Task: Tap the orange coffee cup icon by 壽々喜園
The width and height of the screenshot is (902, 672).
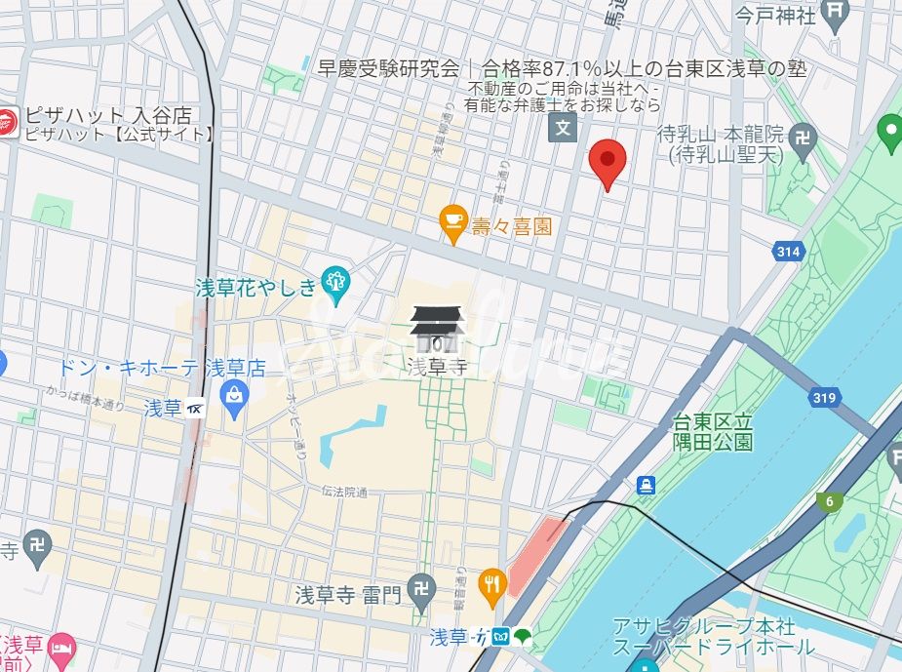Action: point(453,223)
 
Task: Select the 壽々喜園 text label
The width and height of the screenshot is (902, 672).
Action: point(512,227)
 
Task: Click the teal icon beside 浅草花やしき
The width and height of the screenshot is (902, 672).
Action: point(334,282)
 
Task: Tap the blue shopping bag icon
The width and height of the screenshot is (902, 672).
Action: point(234,394)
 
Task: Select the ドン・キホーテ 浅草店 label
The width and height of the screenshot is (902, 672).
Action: point(162,369)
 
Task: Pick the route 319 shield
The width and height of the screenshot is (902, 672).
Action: point(824,398)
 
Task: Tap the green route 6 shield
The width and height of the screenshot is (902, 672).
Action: point(830,501)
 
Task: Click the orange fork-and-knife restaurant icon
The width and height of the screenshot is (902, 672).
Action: point(493,582)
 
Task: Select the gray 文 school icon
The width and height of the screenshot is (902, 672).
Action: point(563,127)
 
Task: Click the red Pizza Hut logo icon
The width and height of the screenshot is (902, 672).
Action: point(8,123)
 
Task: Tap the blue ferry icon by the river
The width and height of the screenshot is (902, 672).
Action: point(645,485)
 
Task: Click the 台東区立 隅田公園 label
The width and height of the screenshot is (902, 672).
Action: point(714,432)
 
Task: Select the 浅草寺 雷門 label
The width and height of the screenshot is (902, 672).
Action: point(348,594)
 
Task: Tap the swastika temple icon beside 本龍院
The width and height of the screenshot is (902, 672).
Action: point(804,136)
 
